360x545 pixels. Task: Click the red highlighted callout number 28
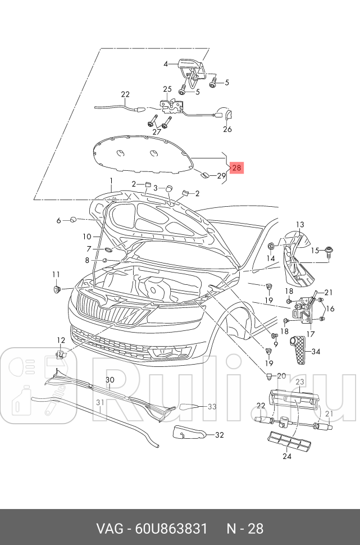coord(236,167)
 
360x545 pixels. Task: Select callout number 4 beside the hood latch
coord(166,64)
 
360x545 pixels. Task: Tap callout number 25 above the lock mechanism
coord(167,89)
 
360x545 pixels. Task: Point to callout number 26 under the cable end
coord(227,129)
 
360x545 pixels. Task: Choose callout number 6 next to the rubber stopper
coord(58,221)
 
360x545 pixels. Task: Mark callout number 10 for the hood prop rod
coord(87,237)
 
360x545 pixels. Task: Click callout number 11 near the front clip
coord(56,274)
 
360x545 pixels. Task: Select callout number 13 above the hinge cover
coord(300,225)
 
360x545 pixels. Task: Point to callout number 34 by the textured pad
coord(316,352)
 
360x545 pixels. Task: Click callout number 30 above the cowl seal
coord(110,380)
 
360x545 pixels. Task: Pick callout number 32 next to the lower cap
coord(220,434)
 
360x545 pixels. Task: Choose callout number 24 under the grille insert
coord(288,456)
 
